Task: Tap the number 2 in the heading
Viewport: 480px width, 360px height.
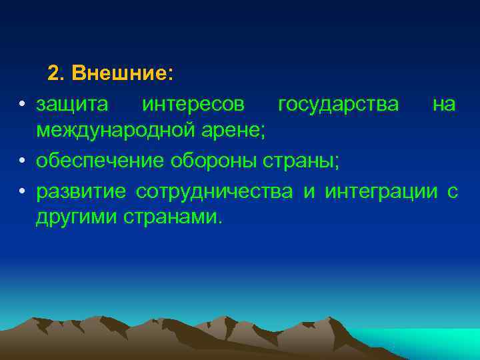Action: pos(54,73)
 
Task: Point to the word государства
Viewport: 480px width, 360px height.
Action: pos(339,105)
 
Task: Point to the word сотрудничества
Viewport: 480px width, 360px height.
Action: pos(214,192)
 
